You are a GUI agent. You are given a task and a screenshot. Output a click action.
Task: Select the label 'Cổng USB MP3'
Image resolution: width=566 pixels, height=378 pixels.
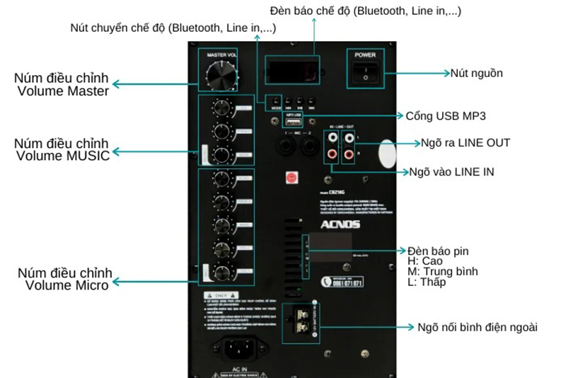[445, 115]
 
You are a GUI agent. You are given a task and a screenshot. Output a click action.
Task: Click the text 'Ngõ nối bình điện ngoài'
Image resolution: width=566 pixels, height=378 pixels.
[478, 327]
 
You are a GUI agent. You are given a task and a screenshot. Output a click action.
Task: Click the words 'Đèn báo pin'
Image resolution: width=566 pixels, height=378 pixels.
[439, 251]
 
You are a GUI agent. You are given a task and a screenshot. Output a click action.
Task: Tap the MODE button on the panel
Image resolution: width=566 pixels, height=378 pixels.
[273, 101]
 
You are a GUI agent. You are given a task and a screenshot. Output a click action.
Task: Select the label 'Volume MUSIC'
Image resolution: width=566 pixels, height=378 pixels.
[64, 156]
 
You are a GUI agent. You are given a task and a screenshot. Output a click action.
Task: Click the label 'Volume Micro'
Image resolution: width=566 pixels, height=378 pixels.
[67, 285]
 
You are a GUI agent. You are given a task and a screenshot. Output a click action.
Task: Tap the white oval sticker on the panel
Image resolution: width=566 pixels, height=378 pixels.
[386, 152]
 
